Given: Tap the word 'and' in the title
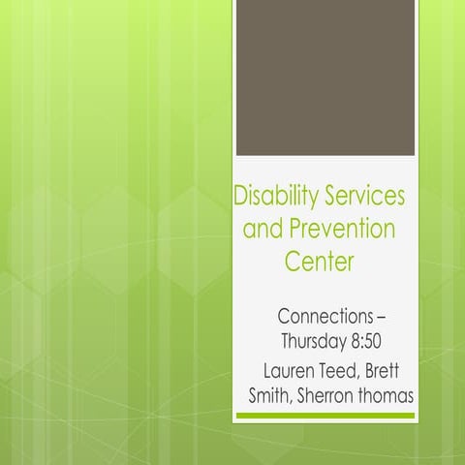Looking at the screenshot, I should click(262, 231).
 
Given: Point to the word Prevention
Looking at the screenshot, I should click(341, 231).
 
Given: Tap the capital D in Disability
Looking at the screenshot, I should click(242, 198).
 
